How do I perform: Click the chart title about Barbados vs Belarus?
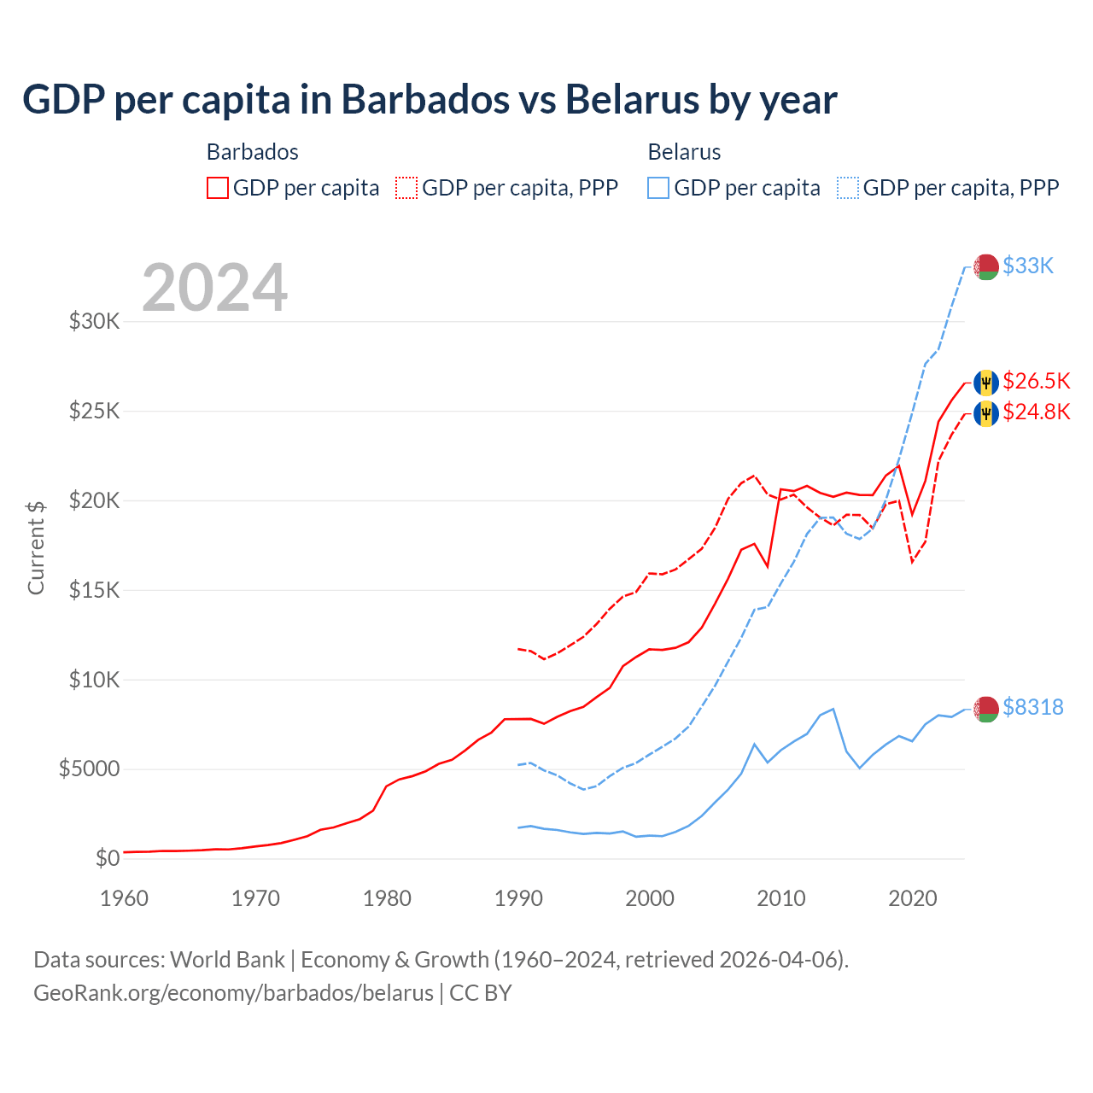(x=430, y=100)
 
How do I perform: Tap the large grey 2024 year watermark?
(x=214, y=288)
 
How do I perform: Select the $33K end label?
(x=1028, y=266)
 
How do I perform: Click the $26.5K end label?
(x=1036, y=381)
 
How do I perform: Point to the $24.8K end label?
(x=1036, y=412)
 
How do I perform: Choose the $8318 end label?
(x=1032, y=707)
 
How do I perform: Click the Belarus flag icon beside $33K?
(x=986, y=266)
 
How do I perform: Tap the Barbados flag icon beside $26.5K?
(x=986, y=382)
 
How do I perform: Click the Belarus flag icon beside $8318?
(x=986, y=708)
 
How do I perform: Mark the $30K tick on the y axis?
(x=94, y=322)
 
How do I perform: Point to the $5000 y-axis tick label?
(x=89, y=769)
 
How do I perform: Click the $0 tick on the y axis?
(x=107, y=858)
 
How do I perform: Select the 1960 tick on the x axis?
(x=125, y=898)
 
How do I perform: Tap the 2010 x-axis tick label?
(x=781, y=898)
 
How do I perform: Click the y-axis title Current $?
(x=36, y=547)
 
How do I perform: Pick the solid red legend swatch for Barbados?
(x=218, y=188)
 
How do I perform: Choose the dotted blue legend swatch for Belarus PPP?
(x=848, y=188)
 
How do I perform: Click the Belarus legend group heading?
(x=684, y=152)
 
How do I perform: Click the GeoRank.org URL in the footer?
(x=233, y=993)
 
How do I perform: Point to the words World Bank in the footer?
(x=227, y=960)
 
